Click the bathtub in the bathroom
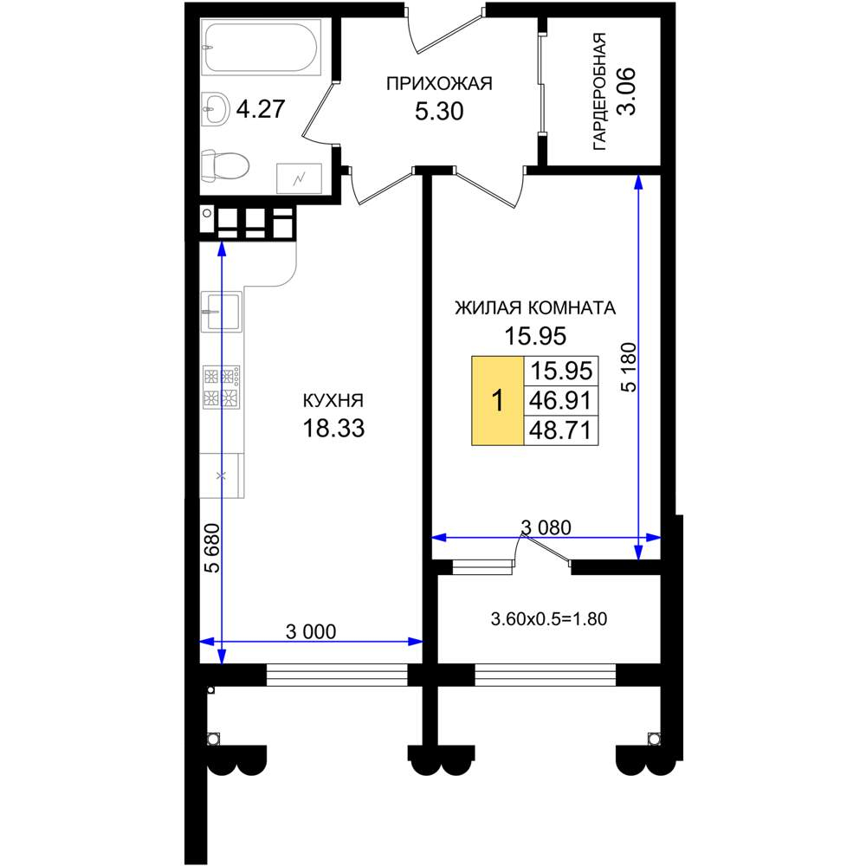pos(261,47)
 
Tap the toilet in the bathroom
pos(224,165)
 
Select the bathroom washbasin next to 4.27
pos(215,109)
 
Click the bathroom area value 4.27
pos(260,109)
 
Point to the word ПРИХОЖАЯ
pos(439,84)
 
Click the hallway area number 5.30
pos(439,112)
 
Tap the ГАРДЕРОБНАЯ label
pos(599,92)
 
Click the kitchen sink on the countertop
pos(221,312)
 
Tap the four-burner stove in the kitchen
pos(221,386)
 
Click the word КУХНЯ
pos(333,400)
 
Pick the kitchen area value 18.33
pos(333,428)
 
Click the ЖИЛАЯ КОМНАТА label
pos(535,307)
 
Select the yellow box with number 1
pos(498,400)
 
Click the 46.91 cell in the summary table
pos(560,400)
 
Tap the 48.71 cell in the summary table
pos(560,430)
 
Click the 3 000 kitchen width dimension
pos(311,631)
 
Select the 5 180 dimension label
pos(629,367)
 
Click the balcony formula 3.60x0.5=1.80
pos(549,618)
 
